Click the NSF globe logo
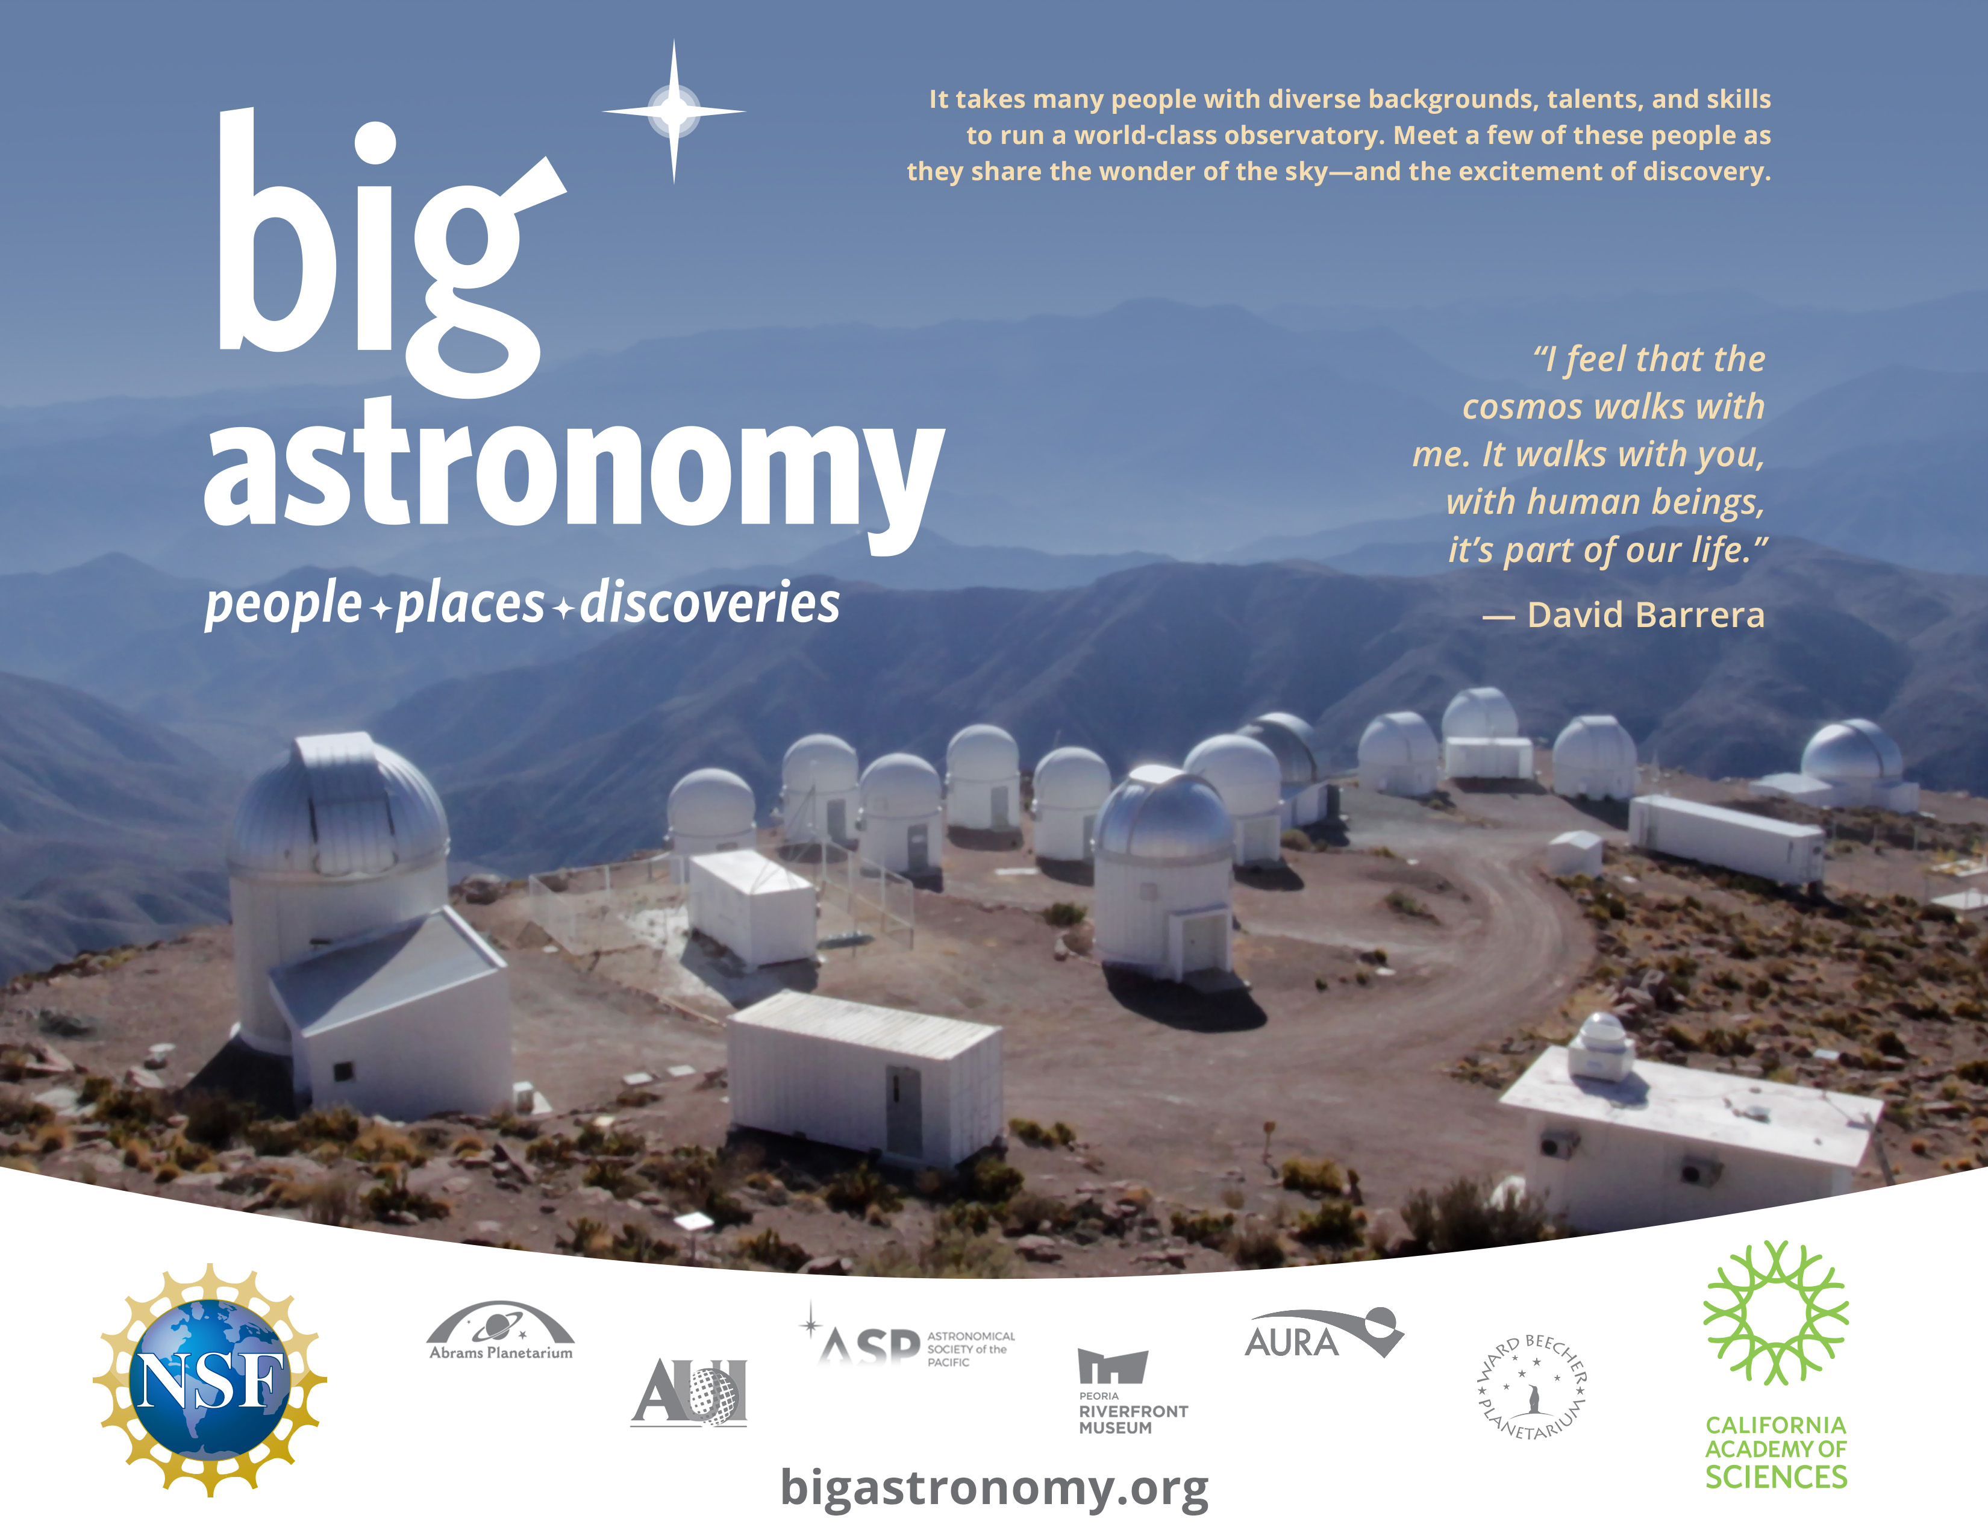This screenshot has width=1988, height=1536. coord(210,1379)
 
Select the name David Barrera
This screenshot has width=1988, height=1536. coord(1646,615)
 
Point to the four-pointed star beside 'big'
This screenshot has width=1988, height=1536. coord(674,111)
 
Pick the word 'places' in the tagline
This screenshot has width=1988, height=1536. coord(470,604)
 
